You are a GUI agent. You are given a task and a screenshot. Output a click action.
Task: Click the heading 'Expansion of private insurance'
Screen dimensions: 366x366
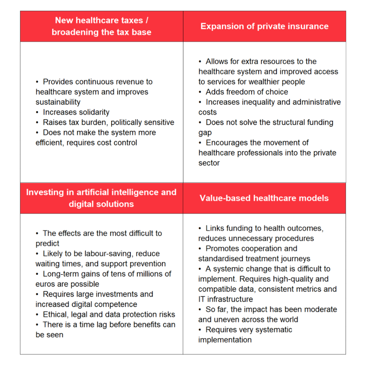click(264, 26)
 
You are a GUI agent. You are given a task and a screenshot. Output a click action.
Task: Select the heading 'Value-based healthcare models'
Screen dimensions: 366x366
click(264, 198)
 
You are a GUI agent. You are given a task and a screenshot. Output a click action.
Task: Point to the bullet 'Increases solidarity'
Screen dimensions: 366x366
click(76, 112)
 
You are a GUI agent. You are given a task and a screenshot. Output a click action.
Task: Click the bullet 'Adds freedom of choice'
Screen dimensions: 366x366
click(247, 92)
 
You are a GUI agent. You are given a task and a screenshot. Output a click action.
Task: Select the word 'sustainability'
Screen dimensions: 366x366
click(58, 102)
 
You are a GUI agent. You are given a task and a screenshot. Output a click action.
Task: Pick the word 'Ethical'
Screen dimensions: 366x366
click(56, 315)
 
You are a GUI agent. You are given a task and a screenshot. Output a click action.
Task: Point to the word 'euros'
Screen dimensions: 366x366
click(46, 284)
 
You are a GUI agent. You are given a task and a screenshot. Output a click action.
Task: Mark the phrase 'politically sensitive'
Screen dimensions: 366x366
click(143, 123)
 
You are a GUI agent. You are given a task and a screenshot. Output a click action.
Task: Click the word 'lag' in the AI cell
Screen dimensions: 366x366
click(91, 325)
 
